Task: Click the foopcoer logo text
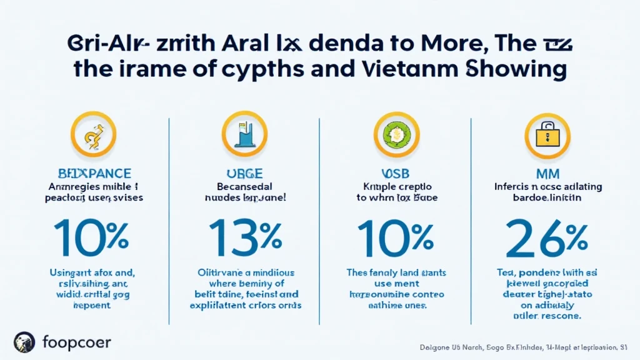(76, 342)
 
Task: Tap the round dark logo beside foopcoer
(25, 342)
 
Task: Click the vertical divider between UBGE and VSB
(319, 212)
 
